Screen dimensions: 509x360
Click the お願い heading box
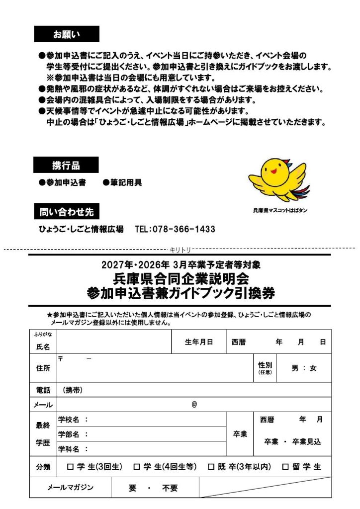coord(66,34)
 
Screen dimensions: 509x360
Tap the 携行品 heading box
coord(66,165)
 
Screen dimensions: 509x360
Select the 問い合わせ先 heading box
coord(66,212)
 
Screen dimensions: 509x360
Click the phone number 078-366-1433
coord(175,230)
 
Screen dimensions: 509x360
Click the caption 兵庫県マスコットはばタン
coord(280,211)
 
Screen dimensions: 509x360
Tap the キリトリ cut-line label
coord(180,249)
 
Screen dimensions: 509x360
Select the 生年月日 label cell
coord(199,342)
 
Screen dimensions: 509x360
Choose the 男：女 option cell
coord(304,368)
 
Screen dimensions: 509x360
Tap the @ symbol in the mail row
coord(194,405)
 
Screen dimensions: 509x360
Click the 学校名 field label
coord(73,420)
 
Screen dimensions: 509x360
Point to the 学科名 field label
coord(73,449)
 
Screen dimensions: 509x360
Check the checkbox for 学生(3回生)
coord(70,467)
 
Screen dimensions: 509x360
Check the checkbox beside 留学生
coord(285,467)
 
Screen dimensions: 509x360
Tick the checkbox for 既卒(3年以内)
coord(211,467)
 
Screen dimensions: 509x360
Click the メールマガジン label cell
coord(70,488)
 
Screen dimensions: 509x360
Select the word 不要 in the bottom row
coord(170,488)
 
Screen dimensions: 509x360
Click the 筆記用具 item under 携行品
coord(123,183)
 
